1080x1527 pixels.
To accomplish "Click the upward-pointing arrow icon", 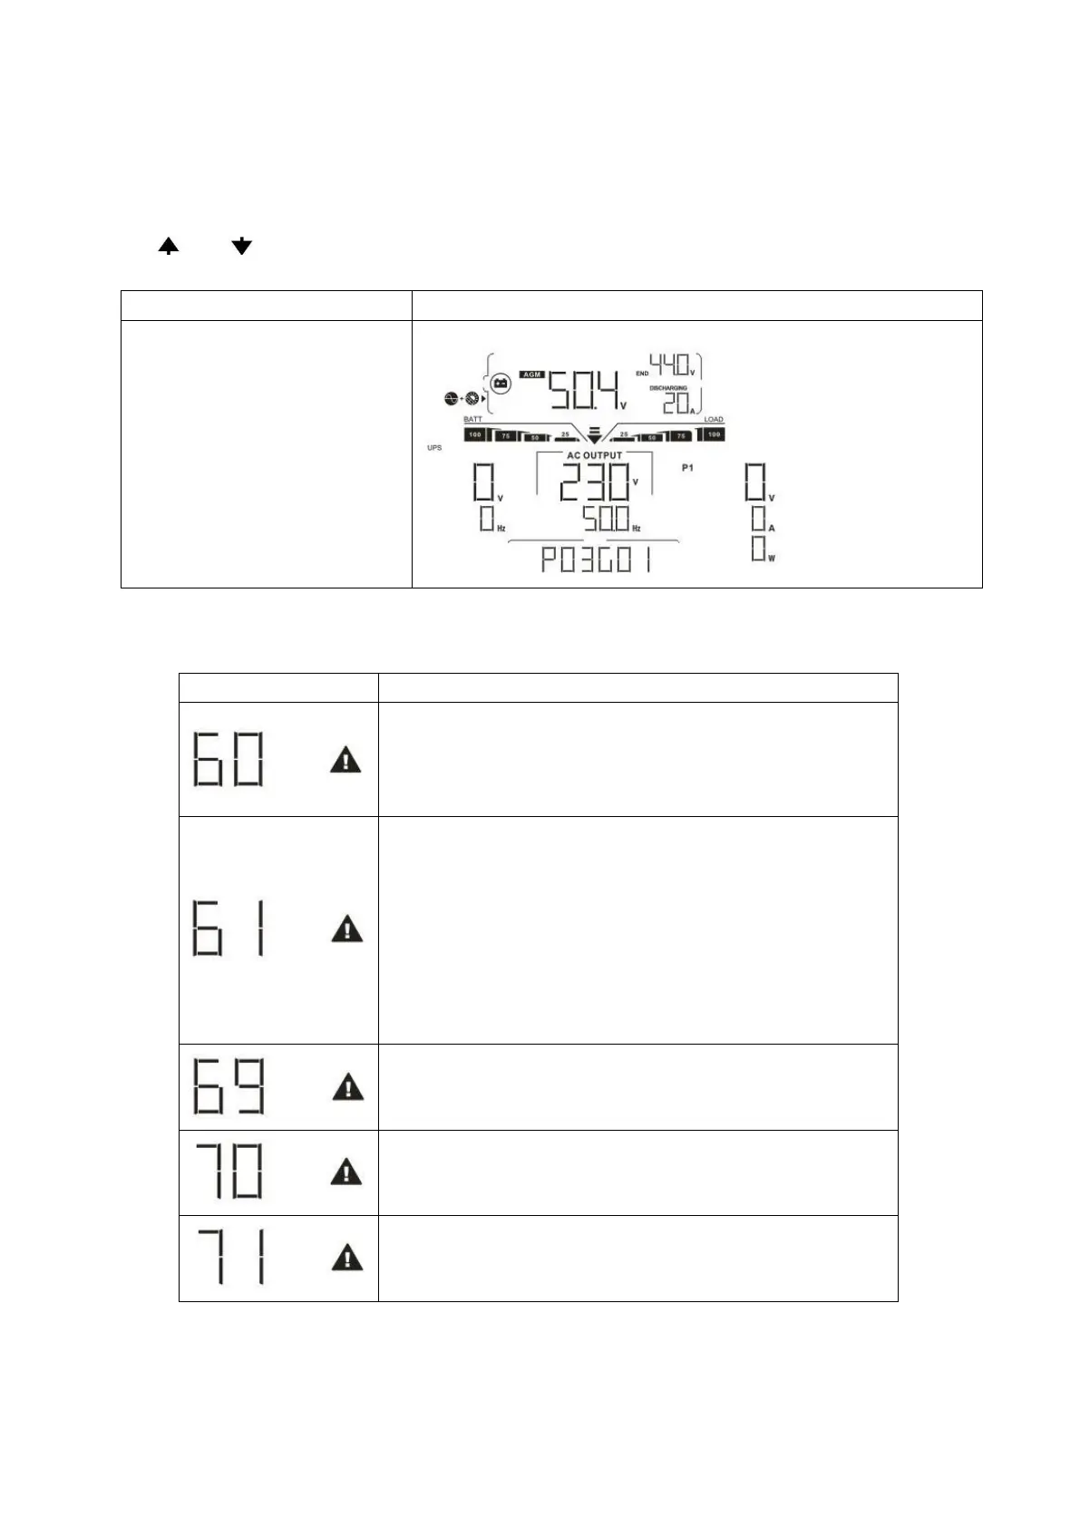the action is (169, 246).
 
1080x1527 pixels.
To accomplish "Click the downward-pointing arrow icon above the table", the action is (241, 246).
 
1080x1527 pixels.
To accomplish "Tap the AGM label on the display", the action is (531, 374).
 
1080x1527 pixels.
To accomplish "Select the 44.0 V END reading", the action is (672, 365).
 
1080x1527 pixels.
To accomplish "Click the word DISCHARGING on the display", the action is (668, 388).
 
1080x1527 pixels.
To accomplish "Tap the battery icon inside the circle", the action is (500, 384).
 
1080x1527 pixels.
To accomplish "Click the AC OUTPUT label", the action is (594, 455).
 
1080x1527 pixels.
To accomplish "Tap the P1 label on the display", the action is (687, 468).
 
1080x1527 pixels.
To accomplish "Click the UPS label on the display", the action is (434, 448).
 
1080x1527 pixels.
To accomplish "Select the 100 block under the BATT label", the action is (474, 435).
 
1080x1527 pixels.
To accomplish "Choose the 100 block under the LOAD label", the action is (714, 435).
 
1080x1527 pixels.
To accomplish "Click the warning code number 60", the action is (229, 759).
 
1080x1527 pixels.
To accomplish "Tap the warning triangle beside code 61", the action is (346, 929).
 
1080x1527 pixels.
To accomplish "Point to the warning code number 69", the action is (229, 1086).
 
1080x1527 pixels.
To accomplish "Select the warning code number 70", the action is (229, 1172).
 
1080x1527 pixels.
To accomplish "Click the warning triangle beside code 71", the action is (345, 1258).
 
